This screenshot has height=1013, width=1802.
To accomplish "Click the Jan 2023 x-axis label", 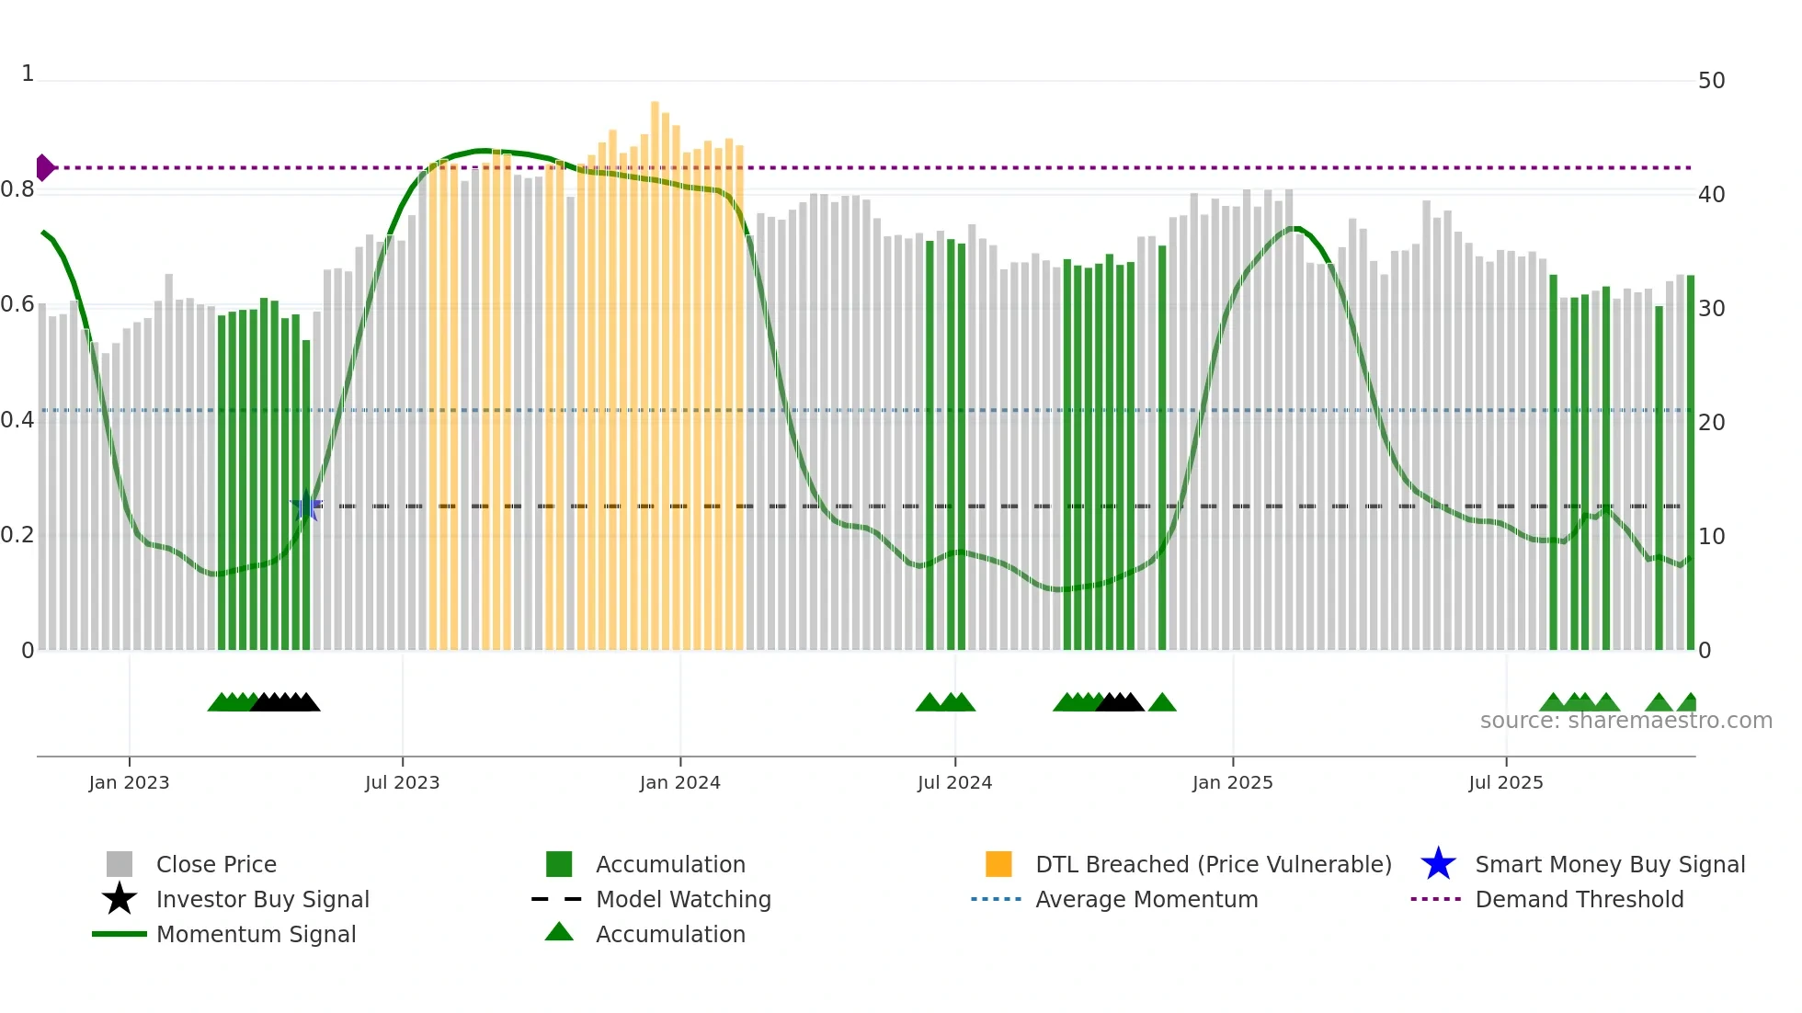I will [129, 783].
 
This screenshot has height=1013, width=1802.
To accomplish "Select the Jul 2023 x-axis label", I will [402, 783].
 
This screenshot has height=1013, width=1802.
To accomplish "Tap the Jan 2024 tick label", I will [679, 783].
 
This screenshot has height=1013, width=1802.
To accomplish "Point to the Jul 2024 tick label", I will [954, 783].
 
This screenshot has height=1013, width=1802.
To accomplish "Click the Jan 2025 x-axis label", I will [1232, 783].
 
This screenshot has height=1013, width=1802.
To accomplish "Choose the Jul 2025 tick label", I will [1505, 783].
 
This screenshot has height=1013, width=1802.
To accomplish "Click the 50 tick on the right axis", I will [1711, 81].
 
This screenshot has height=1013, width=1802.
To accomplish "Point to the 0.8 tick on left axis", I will [17, 190].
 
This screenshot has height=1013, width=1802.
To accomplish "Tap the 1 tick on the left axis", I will [28, 74].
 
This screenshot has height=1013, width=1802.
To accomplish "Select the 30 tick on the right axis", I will [1711, 309].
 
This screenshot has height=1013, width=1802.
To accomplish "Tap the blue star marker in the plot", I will [306, 506].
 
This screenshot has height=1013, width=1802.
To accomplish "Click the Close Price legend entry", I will [216, 865].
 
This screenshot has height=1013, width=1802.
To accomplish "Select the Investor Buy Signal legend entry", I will [262, 900].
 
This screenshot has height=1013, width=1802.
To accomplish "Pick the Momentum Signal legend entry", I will [256, 935].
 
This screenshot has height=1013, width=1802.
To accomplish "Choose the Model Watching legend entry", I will [683, 900].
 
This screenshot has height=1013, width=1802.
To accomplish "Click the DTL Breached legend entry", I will [1213, 865].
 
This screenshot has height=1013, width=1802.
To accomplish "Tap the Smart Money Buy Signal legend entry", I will [1609, 865].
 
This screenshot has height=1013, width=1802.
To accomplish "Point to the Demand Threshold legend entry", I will [1579, 900].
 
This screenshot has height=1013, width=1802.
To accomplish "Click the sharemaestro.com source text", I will [1625, 721].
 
